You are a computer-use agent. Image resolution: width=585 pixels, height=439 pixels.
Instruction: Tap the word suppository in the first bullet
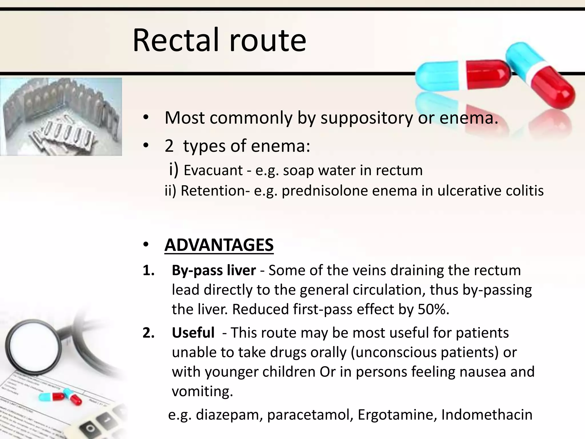click(366, 118)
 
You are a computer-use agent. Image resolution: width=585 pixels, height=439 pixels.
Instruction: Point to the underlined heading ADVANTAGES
click(219, 245)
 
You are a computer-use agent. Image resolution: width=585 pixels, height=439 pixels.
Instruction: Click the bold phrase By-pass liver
click(214, 270)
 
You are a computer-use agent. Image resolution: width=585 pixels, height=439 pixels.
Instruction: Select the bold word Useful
click(193, 333)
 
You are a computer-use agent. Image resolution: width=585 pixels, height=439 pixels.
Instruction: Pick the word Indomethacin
click(487, 415)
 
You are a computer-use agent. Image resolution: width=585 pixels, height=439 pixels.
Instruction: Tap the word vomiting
click(202, 392)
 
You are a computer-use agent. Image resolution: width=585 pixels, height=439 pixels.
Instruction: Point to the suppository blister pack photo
click(61, 117)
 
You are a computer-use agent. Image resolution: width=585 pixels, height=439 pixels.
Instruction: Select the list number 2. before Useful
click(149, 333)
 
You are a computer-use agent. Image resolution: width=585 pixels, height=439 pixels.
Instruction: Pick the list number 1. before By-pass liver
click(149, 270)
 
